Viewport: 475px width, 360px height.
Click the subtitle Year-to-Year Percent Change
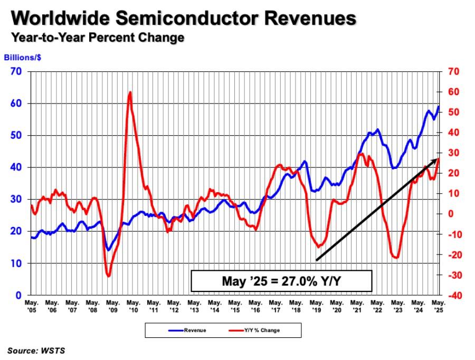98,37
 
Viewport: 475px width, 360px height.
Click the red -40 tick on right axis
453,296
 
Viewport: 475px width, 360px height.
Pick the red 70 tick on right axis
453,71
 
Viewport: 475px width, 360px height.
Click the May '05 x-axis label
31,306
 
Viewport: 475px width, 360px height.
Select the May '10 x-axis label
133,306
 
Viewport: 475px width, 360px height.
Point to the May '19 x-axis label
316,306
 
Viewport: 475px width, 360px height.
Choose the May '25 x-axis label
439,306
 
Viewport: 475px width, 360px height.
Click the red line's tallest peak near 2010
130,92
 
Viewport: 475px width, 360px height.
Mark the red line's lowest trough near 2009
108,276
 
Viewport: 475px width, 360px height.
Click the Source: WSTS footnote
36,350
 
